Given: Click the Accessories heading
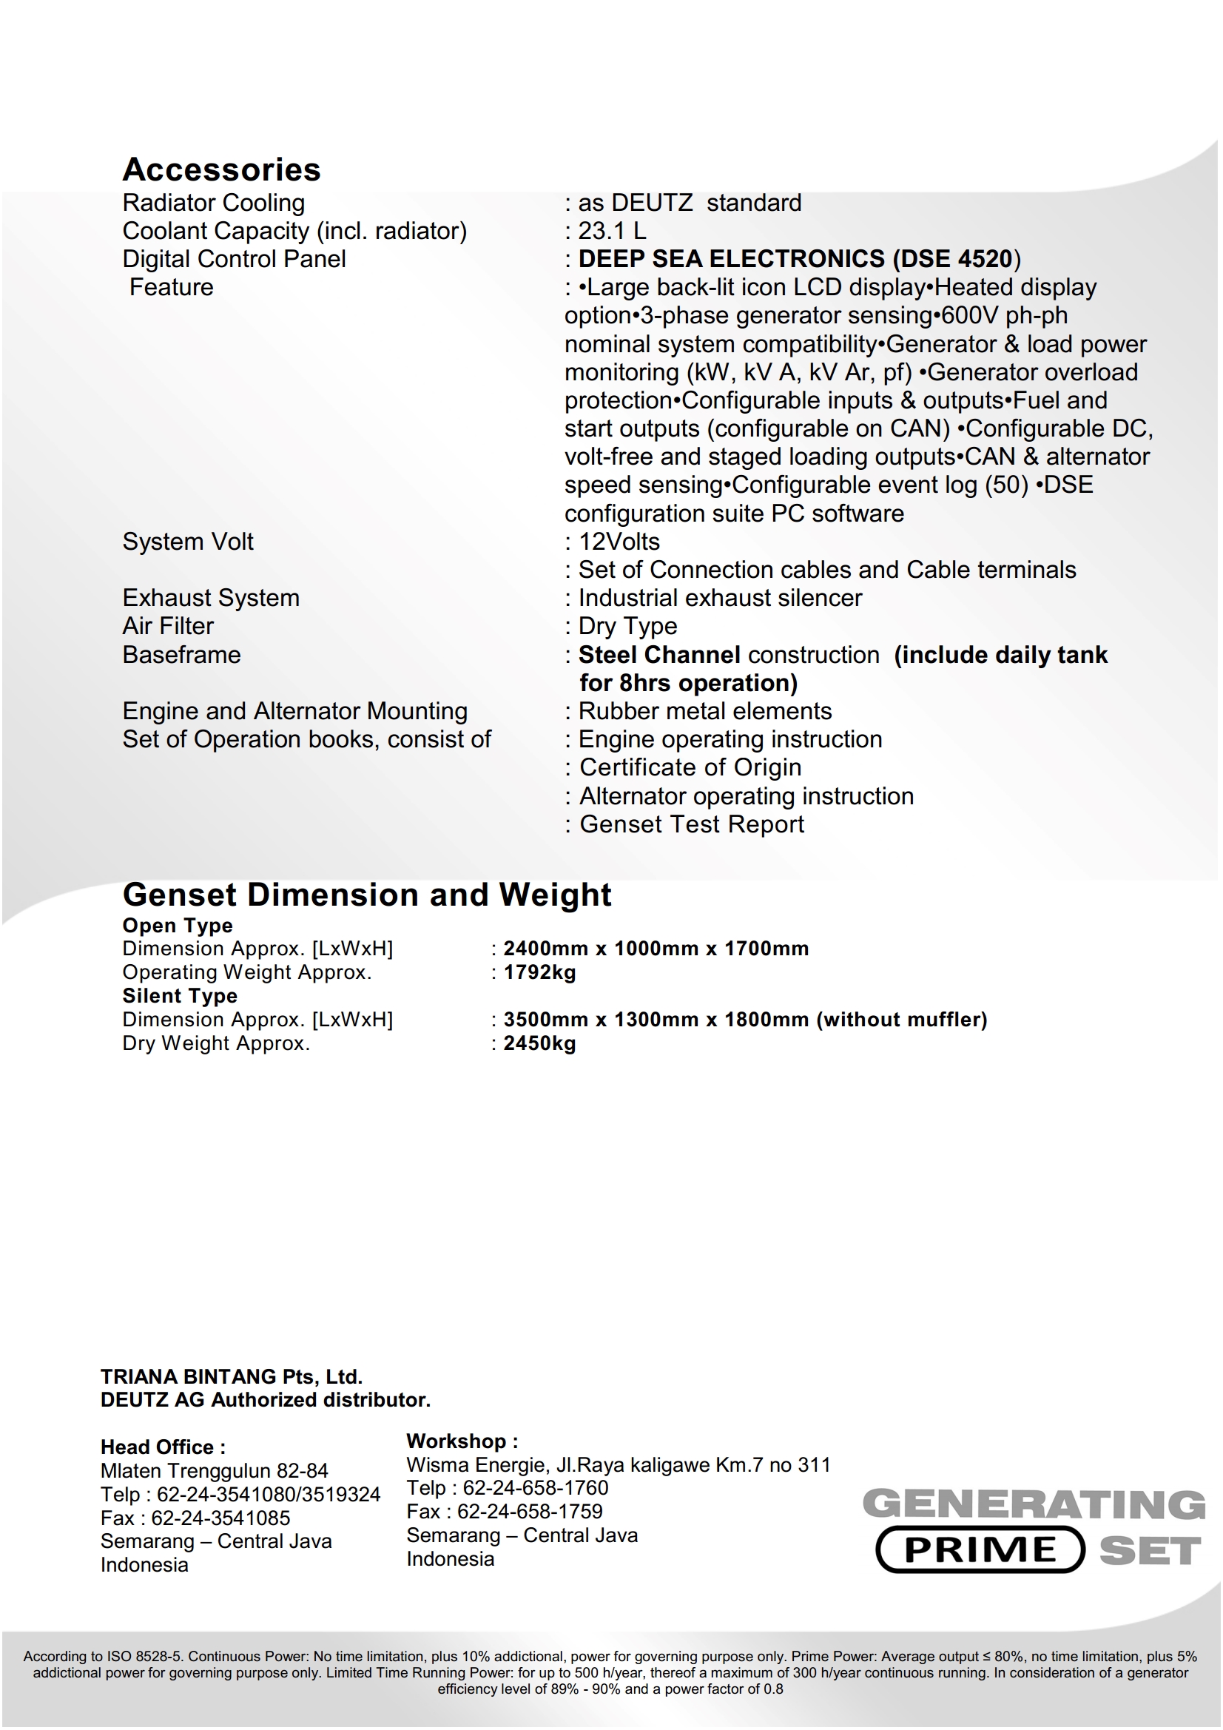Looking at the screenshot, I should (221, 169).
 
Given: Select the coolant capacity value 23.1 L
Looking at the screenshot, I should (611, 231).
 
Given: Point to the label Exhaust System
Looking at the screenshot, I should (211, 598).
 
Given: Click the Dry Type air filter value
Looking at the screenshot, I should (627, 626).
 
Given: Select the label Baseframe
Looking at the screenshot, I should (181, 655).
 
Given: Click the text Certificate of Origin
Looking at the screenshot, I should (690, 767).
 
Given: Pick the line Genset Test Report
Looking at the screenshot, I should (691, 824).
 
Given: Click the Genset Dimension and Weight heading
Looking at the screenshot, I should (367, 895).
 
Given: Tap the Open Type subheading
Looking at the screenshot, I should (178, 925).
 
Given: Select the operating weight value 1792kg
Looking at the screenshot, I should (539, 972).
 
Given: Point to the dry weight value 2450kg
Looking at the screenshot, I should (539, 1043).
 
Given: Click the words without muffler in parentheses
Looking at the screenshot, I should (901, 1020).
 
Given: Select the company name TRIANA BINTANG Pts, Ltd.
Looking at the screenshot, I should (232, 1376).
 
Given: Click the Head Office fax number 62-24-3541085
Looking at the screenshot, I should (220, 1518).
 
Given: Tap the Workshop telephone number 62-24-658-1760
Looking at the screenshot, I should (535, 1487).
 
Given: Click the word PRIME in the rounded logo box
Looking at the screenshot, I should (980, 1550).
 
